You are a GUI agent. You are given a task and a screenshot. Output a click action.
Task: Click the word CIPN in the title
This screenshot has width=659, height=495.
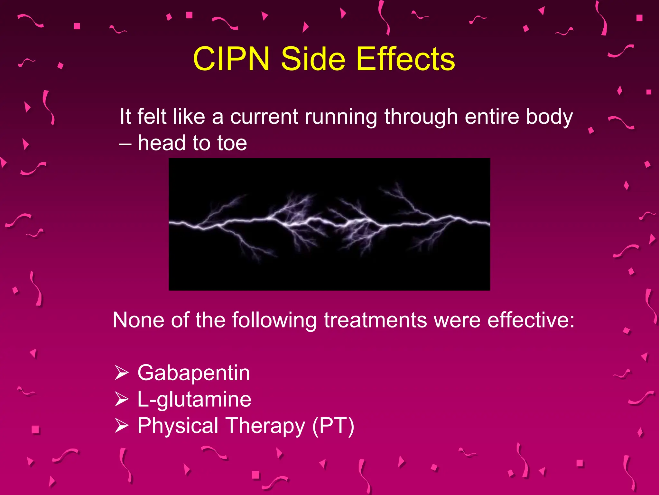tap(231, 59)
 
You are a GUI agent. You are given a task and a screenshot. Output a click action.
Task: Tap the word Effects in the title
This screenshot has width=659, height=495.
tap(405, 59)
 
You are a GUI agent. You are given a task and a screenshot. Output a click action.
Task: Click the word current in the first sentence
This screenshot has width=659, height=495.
tap(264, 116)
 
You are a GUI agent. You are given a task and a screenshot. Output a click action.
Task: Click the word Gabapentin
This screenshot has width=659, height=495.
tap(193, 373)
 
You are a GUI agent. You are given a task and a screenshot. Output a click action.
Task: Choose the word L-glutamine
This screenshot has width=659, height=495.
tap(194, 399)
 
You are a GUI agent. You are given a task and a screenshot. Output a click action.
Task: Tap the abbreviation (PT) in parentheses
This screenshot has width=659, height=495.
tap(333, 426)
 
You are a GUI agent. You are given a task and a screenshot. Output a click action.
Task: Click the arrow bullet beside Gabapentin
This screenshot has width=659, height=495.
tap(122, 373)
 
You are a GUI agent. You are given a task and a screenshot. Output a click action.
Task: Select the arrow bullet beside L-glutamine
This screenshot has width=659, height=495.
tap(122, 399)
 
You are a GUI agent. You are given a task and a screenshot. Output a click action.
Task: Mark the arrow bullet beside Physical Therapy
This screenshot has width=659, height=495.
tap(122, 426)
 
